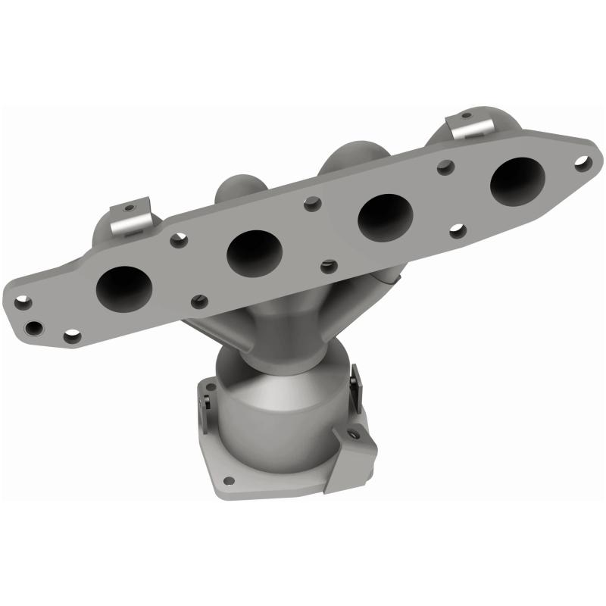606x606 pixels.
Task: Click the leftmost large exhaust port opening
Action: coord(124,287)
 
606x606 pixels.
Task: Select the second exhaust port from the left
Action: coord(255,249)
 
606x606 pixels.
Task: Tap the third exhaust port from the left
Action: coord(384,215)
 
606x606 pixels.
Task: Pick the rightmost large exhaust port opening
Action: coord(517,179)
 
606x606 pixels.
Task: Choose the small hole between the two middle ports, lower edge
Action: coord(327,267)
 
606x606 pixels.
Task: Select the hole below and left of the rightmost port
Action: coord(457,230)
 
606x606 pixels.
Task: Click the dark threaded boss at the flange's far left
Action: coord(33,328)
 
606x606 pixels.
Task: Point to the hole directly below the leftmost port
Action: coord(72,336)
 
